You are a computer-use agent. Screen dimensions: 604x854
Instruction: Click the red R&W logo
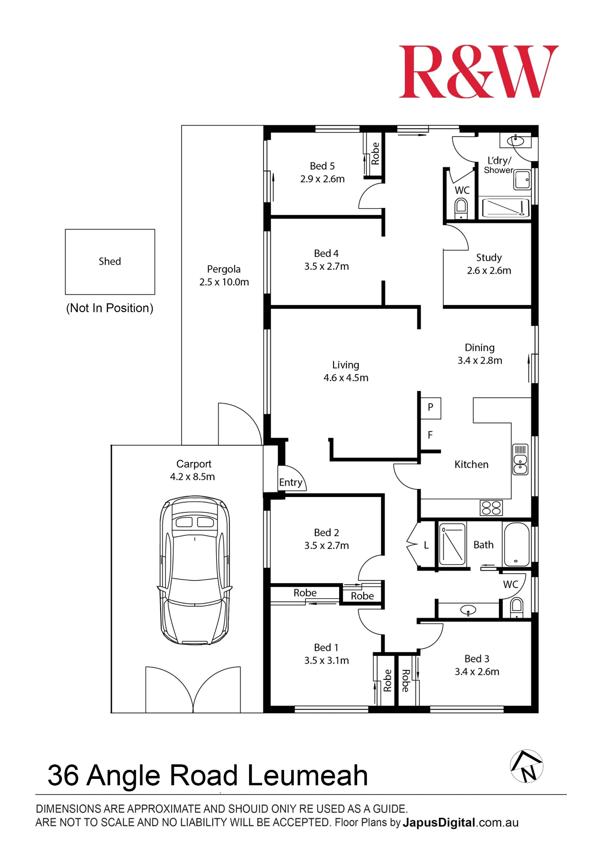point(478,71)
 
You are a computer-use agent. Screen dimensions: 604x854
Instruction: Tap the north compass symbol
point(526,766)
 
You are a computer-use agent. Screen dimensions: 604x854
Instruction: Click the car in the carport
point(195,570)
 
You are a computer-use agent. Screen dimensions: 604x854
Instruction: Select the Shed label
point(110,261)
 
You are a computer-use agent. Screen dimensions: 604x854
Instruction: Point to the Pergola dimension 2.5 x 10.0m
point(224,282)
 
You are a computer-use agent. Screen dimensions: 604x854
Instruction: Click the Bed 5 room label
point(322,166)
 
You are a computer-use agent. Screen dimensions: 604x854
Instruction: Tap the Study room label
point(489,257)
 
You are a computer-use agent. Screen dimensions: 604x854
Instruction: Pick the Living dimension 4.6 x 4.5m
point(346,377)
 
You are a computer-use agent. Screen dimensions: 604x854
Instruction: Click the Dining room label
point(479,348)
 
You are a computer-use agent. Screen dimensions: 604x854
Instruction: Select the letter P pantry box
point(431,408)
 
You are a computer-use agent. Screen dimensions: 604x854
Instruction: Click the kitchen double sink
point(520,459)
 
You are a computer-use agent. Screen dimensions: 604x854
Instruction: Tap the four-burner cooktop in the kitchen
point(491,508)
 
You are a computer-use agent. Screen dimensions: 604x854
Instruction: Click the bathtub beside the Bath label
point(517,544)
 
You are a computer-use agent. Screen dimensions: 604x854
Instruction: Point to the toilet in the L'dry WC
point(461,209)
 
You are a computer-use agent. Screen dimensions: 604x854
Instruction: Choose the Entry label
point(290,483)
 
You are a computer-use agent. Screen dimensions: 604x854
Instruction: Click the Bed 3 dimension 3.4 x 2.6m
point(477,672)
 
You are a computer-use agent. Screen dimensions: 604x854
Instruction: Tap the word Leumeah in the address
point(307,775)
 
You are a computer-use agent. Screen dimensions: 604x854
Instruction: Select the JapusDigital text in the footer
point(439,822)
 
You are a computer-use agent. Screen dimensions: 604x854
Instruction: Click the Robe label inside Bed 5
point(375,154)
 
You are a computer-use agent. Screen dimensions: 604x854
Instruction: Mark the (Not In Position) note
point(110,308)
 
